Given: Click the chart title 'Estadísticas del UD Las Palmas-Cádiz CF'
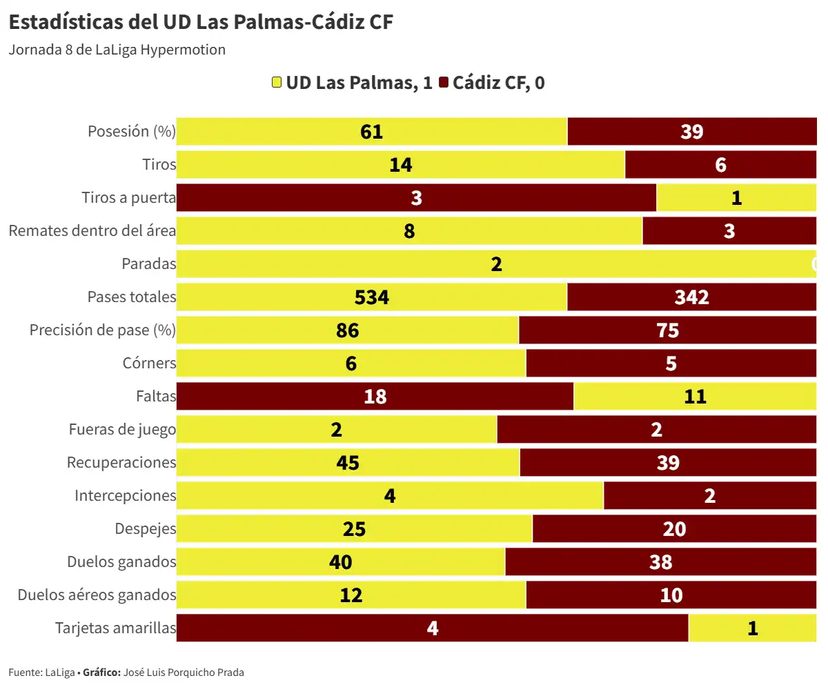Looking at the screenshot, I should tap(201, 22).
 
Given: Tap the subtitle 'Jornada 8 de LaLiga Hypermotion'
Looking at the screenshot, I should tap(117, 50).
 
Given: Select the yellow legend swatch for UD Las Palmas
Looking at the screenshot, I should tap(277, 83).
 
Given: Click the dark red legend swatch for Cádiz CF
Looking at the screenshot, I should tap(443, 83).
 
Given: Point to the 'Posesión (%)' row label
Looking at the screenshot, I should tap(131, 131).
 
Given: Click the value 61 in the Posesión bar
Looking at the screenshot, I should tap(371, 132).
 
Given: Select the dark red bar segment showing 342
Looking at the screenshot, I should tap(691, 297).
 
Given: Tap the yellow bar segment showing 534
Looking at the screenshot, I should tap(371, 297).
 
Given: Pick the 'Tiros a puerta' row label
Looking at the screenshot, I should tap(128, 198).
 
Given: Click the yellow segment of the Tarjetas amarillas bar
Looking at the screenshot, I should tap(752, 628).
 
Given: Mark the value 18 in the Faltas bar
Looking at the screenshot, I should tap(375, 397).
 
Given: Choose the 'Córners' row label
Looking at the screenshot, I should tap(149, 363).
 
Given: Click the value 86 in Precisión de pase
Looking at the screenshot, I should tap(347, 330).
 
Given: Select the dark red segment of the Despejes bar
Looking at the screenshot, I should tap(674, 529).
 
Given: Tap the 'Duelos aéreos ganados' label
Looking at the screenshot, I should tap(97, 595).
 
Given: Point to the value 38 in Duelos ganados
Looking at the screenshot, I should tap(660, 562).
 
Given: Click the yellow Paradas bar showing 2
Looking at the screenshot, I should tap(495, 264).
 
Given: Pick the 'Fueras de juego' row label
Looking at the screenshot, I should tap(122, 430).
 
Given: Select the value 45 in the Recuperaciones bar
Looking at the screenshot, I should tap(347, 463).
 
